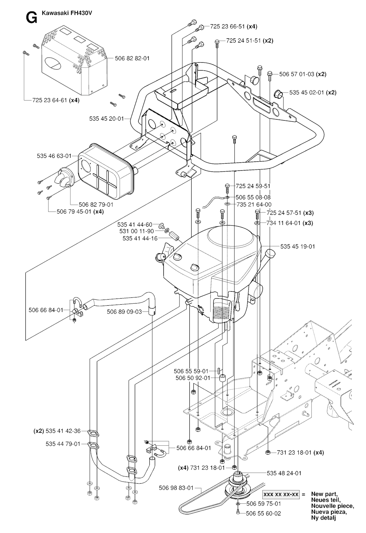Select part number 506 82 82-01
132,58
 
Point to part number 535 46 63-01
54,156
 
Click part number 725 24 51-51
244,41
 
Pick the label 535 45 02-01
307,92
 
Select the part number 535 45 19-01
298,247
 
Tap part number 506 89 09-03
124,312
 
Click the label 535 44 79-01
63,444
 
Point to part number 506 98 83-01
176,488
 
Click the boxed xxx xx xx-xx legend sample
281,494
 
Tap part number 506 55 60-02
263,513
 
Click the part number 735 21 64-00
254,204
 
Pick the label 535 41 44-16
140,238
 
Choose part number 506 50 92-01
193,378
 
